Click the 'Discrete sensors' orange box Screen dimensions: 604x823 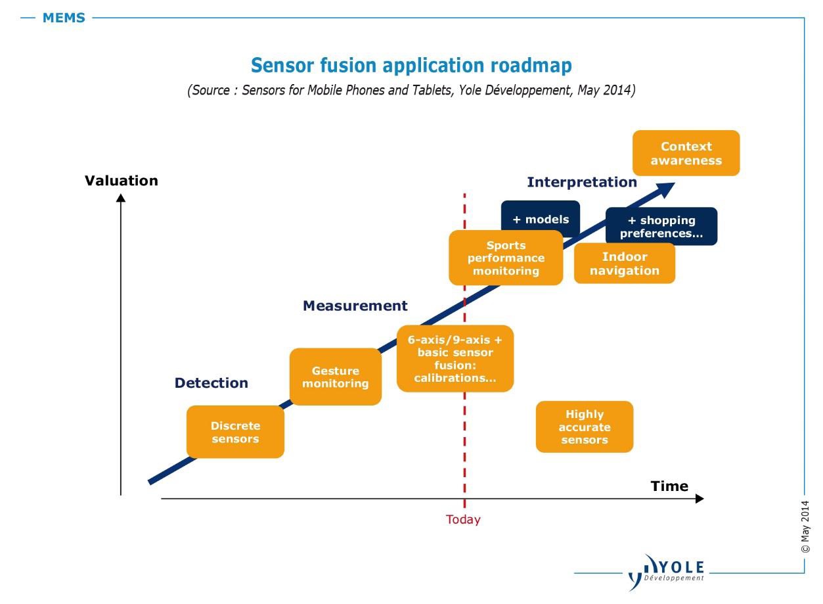(235, 432)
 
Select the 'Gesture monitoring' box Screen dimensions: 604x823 (335, 377)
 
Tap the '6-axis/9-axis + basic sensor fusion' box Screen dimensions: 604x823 (455, 358)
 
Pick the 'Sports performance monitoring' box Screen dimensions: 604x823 (506, 258)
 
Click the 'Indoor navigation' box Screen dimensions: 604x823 (624, 264)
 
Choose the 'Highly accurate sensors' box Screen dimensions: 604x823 (584, 427)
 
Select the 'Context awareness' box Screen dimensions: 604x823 (686, 153)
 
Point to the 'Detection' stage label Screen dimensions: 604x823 (211, 383)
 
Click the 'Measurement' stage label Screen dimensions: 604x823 (355, 306)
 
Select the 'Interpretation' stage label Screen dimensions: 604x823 (581, 182)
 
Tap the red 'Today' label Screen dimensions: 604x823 (463, 520)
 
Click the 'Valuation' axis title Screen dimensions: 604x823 (122, 181)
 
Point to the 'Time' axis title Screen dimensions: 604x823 (669, 486)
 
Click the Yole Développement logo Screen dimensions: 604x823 (666, 570)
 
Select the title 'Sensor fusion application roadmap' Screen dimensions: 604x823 (411, 66)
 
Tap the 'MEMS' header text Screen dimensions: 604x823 (64, 18)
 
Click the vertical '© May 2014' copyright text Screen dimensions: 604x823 (805, 526)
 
